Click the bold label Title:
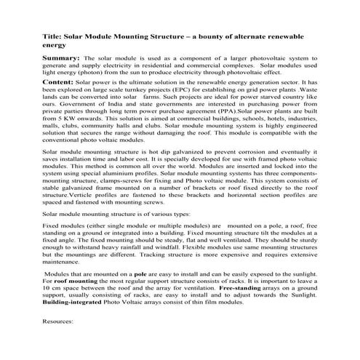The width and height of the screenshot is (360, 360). [52, 36]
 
